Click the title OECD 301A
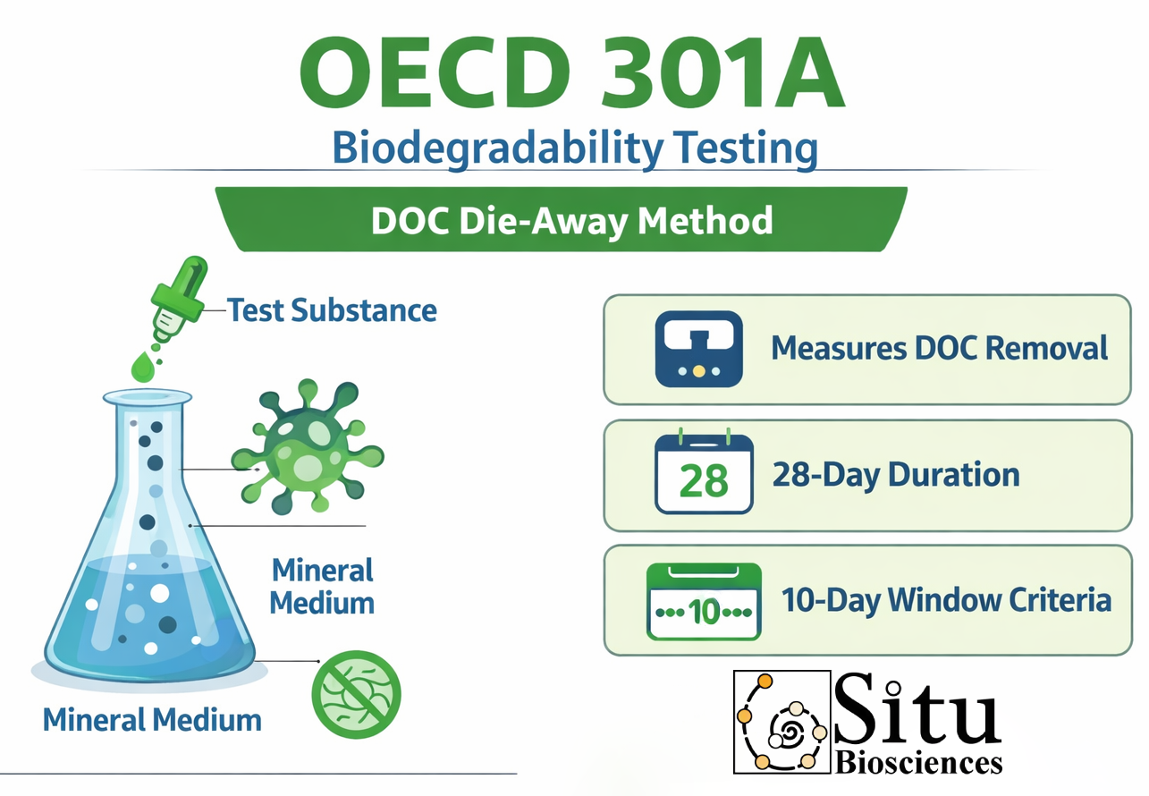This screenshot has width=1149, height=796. click(x=572, y=72)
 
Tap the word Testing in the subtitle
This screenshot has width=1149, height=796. click(x=746, y=148)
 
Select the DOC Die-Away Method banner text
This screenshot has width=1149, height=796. click(x=572, y=221)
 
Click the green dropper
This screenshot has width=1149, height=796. click(x=179, y=299)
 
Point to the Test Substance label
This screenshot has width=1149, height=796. click(x=332, y=310)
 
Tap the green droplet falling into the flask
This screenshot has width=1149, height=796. click(x=142, y=368)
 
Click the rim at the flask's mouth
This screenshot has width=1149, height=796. click(x=148, y=397)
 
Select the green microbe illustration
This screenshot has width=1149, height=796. click(x=308, y=446)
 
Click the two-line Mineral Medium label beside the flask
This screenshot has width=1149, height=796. click(x=322, y=587)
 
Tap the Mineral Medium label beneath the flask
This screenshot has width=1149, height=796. click(x=152, y=720)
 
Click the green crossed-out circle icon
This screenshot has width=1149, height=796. click(x=357, y=694)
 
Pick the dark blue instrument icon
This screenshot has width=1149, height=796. click(x=699, y=349)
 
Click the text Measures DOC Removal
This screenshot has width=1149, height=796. click(x=940, y=349)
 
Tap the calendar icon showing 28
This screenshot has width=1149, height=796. click(x=704, y=471)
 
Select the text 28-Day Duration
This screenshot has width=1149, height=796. click(x=896, y=475)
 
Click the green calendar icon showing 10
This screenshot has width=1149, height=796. click(x=704, y=602)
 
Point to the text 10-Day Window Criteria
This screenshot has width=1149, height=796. click(x=946, y=600)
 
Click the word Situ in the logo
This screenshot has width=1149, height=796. click(x=917, y=709)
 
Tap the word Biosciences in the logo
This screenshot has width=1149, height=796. click(x=918, y=763)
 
